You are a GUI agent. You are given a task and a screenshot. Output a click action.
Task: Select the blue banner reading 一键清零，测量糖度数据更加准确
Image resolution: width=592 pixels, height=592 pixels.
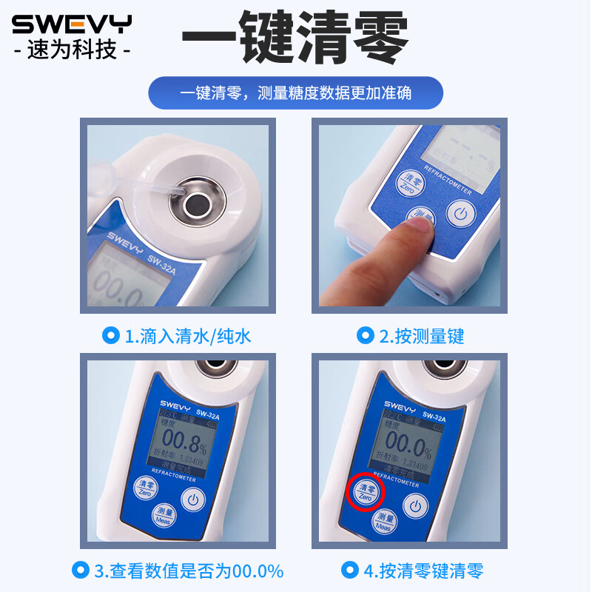295,93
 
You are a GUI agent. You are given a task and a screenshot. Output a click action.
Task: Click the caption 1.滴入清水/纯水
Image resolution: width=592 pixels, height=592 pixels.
178,336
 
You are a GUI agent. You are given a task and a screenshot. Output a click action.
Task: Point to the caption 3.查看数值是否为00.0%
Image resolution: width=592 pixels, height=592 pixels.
178,571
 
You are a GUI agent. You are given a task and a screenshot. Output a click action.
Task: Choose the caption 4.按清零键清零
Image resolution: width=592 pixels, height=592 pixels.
413,571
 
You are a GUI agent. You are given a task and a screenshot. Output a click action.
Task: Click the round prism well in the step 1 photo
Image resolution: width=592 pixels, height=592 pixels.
198,203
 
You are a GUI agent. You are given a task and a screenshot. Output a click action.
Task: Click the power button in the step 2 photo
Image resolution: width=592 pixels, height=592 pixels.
460,215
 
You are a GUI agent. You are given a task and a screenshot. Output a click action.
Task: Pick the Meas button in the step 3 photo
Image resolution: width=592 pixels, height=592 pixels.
163,516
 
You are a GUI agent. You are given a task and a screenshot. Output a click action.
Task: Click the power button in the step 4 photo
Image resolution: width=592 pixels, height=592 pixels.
416,507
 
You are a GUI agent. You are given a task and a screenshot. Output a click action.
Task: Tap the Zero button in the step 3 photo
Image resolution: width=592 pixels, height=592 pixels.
145,486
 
